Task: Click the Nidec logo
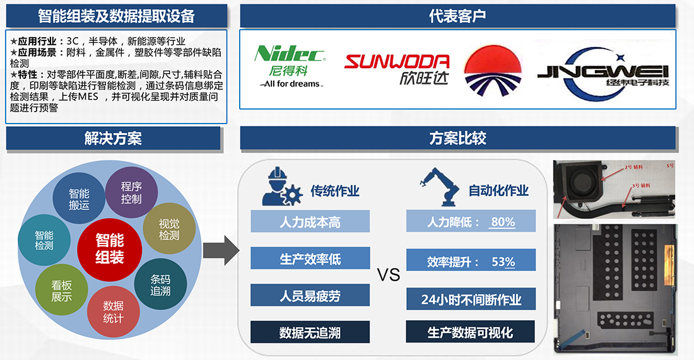290,66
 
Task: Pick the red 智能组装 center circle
110,248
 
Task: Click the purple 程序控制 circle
131,193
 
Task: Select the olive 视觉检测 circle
168,229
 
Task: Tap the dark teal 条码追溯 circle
160,285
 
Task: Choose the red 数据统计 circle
113,312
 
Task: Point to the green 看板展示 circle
62,291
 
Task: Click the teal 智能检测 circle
44,240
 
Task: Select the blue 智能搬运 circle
79,199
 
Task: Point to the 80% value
503,222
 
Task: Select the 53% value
503,262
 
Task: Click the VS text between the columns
389,276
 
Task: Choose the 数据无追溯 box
310,332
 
